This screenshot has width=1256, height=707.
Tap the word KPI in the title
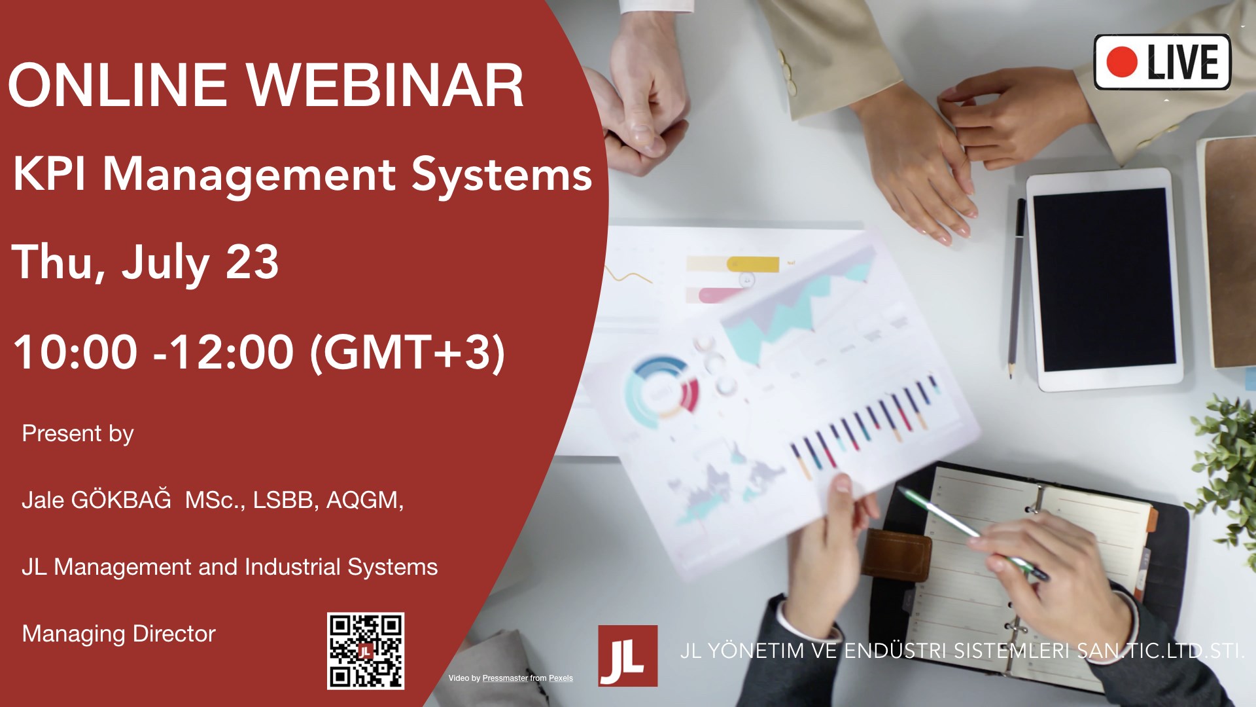tap(49, 174)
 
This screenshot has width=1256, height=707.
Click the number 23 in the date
tap(252, 262)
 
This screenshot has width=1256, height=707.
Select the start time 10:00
tap(75, 352)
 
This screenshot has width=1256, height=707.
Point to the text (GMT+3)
tap(407, 352)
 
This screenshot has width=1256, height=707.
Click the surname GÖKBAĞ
tap(120, 499)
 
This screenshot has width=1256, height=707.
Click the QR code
tap(366, 651)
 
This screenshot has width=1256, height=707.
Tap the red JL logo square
tap(627, 655)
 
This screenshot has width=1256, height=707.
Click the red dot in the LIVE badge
tap(1121, 62)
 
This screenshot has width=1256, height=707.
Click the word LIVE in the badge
tap(1183, 62)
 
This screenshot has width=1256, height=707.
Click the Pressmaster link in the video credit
tap(505, 678)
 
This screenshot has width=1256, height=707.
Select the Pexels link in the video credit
tap(561, 678)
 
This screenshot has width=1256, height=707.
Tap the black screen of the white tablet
tap(1104, 280)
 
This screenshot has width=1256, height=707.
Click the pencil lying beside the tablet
tap(1016, 288)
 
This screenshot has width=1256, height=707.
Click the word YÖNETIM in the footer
tap(756, 651)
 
